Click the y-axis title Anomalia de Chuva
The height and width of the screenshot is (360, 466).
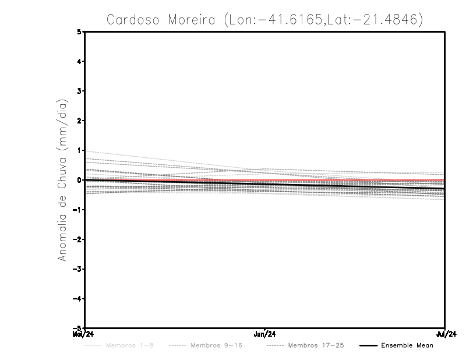point(62,180)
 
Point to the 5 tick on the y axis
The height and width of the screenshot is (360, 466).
point(79,31)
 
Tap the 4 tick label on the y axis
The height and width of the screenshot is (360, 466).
point(79,61)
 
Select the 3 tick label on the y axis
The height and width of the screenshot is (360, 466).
point(79,91)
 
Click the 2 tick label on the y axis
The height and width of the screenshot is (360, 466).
point(79,121)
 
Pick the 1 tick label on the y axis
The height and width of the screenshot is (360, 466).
point(79,150)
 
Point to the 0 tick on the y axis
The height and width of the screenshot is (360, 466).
point(79,180)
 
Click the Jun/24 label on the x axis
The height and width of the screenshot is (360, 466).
point(265,334)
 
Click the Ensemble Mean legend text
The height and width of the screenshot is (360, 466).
point(407,345)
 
